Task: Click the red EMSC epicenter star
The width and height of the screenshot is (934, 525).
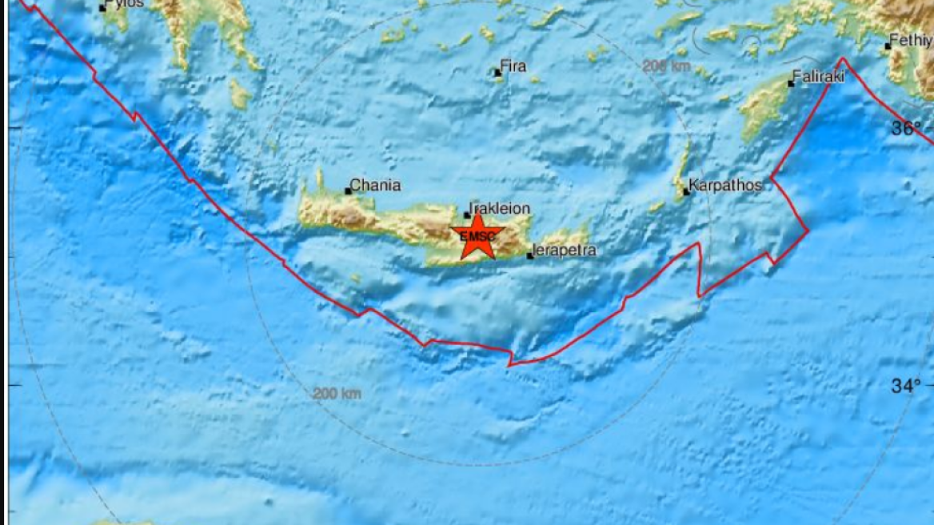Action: [x=477, y=236]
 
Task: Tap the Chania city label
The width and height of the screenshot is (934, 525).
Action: [x=375, y=186]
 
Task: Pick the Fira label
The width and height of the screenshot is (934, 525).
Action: [x=513, y=66]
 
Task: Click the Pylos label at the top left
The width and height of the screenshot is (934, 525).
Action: [x=126, y=4]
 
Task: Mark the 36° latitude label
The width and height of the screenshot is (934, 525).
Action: [x=907, y=128]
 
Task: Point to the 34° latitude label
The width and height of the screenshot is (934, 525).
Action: [x=907, y=387]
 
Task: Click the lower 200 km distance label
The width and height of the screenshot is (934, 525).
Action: [x=337, y=393]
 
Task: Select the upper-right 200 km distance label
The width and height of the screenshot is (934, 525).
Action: [x=666, y=66]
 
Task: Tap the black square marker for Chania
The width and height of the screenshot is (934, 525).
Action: [x=348, y=190]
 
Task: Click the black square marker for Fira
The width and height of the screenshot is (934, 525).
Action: [x=497, y=73]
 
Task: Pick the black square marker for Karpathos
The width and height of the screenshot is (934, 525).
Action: [x=686, y=192]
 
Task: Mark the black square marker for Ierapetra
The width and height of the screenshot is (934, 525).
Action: [x=529, y=256]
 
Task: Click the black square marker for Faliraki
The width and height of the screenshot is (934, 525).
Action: [x=791, y=83]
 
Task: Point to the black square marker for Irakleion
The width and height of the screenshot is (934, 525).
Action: [x=467, y=215]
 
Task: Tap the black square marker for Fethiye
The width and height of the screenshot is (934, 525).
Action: [x=888, y=46]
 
